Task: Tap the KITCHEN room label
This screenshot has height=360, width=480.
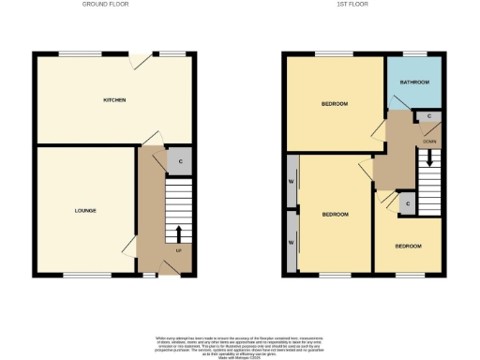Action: [x=114, y=99]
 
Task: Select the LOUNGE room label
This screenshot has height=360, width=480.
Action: [x=85, y=210]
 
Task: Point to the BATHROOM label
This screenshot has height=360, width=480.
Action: [x=413, y=82]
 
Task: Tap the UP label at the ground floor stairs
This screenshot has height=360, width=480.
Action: [x=178, y=250]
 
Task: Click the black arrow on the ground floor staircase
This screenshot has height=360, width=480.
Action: [x=178, y=232]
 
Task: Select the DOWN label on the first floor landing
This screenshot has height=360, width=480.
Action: [x=429, y=142]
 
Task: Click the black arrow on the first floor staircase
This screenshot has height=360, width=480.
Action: [x=429, y=159]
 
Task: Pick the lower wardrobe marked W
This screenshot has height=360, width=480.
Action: [x=292, y=243]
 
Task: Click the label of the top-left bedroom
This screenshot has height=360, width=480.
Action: [x=335, y=103]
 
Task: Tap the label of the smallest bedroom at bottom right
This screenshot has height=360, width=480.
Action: [x=408, y=247]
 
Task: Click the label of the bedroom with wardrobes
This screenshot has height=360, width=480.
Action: [x=335, y=215]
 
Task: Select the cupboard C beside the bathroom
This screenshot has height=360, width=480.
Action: [x=429, y=117]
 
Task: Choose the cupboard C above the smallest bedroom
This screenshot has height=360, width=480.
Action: [x=406, y=203]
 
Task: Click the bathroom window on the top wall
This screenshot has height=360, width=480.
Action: [x=413, y=52]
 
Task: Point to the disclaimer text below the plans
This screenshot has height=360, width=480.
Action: [x=239, y=344]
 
